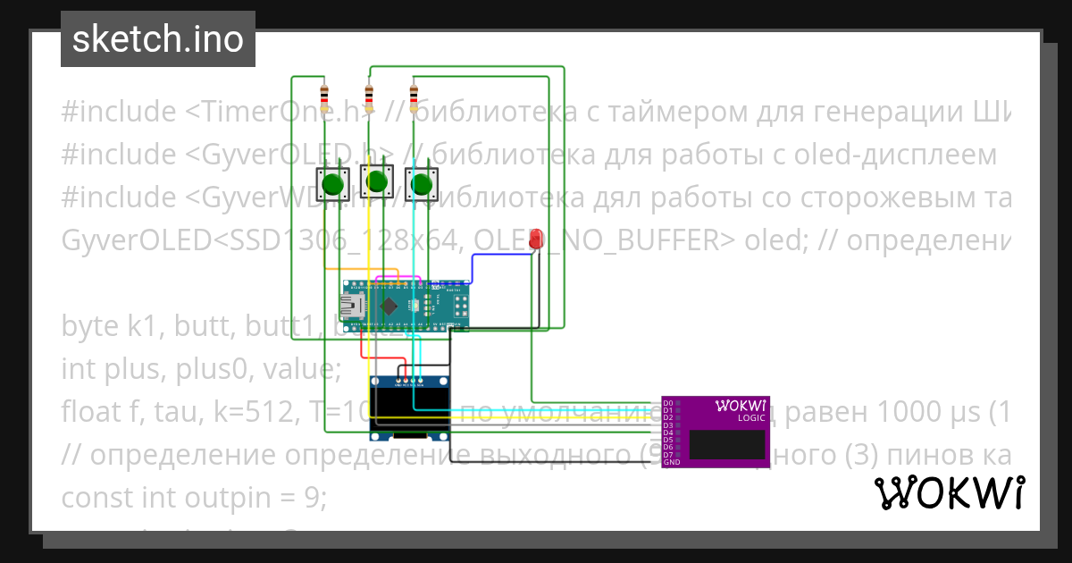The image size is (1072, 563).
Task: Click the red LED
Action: (536, 239)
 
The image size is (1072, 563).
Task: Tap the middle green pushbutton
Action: (376, 182)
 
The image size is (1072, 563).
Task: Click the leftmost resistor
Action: (324, 94)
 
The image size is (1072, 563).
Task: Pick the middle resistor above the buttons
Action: (369, 94)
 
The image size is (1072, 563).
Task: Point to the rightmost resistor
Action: (413, 94)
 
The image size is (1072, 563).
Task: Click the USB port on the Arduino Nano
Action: (354, 306)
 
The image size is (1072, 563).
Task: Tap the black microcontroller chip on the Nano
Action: (389, 307)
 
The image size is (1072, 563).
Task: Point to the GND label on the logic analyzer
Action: (671, 462)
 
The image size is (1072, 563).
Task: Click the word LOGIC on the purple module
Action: (750, 418)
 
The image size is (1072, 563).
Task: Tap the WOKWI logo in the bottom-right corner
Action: (949, 493)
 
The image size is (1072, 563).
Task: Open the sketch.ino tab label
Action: (158, 39)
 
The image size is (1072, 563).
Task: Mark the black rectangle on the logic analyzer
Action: (728, 444)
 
